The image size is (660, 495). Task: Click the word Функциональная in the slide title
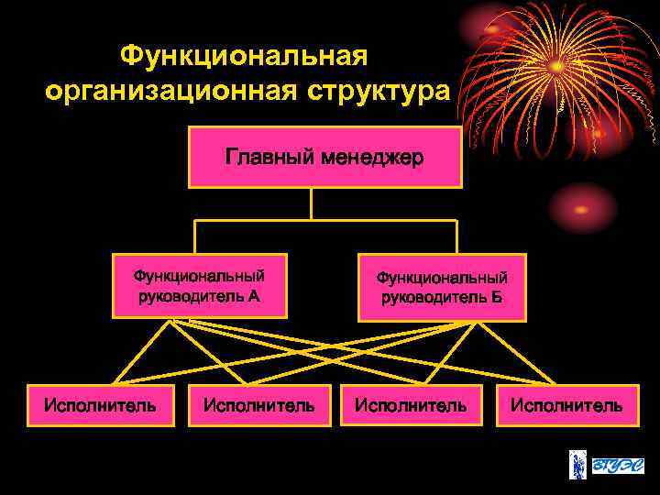click(244, 57)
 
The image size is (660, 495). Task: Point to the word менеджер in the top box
click(371, 158)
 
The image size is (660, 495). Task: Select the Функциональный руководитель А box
click(199, 285)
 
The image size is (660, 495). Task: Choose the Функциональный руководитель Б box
click(442, 288)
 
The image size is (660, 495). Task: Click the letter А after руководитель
click(254, 295)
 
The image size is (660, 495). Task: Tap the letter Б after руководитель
click(497, 298)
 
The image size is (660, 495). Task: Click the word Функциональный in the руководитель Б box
click(442, 278)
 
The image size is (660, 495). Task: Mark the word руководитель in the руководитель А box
click(192, 295)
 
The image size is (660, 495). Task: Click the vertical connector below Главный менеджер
click(312, 203)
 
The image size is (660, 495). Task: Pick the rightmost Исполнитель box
click(566, 404)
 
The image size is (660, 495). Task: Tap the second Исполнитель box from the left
click(259, 404)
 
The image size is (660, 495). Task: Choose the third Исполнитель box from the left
click(411, 404)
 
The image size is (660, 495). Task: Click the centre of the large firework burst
click(556, 66)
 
